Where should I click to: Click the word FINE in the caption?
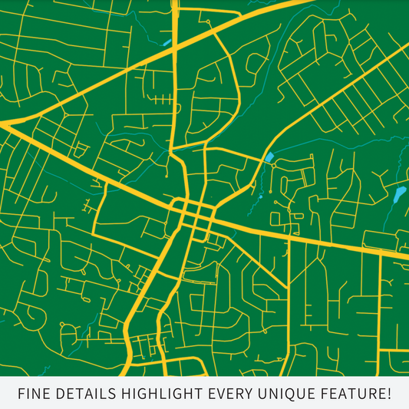point(35,394)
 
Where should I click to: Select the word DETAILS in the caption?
point(84,394)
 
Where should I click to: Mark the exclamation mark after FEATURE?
point(388,394)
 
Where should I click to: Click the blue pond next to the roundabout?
point(269,158)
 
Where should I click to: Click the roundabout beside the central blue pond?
point(273,165)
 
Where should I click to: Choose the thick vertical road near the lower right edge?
point(380,307)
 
